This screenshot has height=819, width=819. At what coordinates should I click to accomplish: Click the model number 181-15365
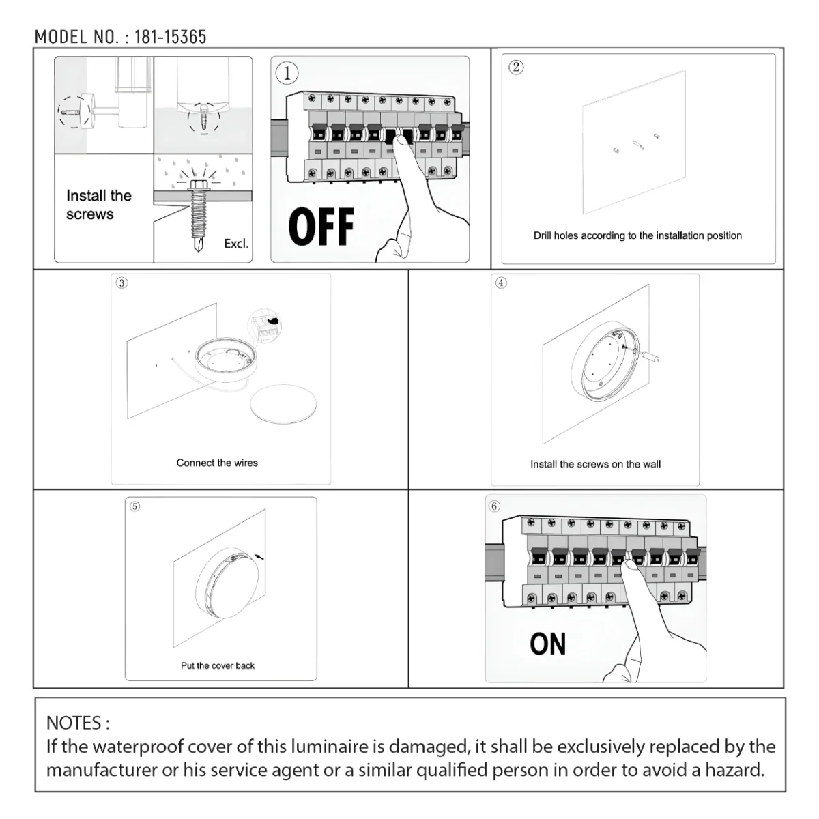(170, 37)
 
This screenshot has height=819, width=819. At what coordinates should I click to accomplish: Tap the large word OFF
(321, 227)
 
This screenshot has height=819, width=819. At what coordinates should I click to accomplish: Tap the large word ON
(547, 644)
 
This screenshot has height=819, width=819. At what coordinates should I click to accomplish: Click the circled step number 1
(287, 73)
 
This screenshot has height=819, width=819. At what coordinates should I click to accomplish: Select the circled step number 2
(516, 67)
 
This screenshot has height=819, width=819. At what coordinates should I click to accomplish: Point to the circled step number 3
(121, 283)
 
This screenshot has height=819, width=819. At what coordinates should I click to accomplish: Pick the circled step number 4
(501, 283)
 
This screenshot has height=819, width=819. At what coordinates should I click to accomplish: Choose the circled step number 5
(134, 506)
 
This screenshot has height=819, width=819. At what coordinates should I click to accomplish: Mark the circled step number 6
(494, 506)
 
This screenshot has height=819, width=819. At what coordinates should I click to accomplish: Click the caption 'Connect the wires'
(217, 463)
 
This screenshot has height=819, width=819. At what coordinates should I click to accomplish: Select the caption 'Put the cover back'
(217, 665)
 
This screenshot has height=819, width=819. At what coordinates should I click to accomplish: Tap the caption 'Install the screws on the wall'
(595, 464)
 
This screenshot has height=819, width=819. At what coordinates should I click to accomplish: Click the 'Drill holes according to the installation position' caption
(637, 235)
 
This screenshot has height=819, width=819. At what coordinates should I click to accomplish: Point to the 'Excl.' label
(236, 244)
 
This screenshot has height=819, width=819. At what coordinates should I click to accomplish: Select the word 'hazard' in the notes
(730, 771)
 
